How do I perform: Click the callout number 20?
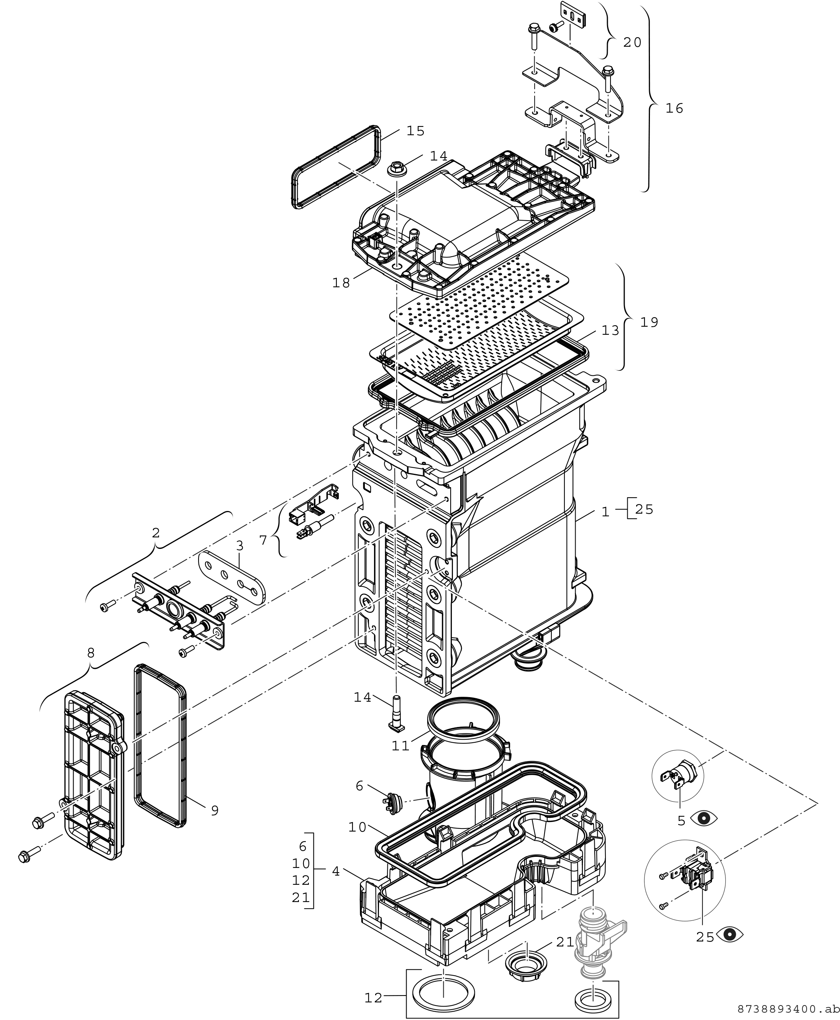632,43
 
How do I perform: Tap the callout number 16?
674,109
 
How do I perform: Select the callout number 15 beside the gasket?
415,131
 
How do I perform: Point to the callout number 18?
341,283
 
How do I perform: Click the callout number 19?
650,323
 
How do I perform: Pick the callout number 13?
610,331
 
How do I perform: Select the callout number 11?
400,746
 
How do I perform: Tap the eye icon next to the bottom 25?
731,935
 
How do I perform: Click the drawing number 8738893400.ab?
788,1009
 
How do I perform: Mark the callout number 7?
263,540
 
